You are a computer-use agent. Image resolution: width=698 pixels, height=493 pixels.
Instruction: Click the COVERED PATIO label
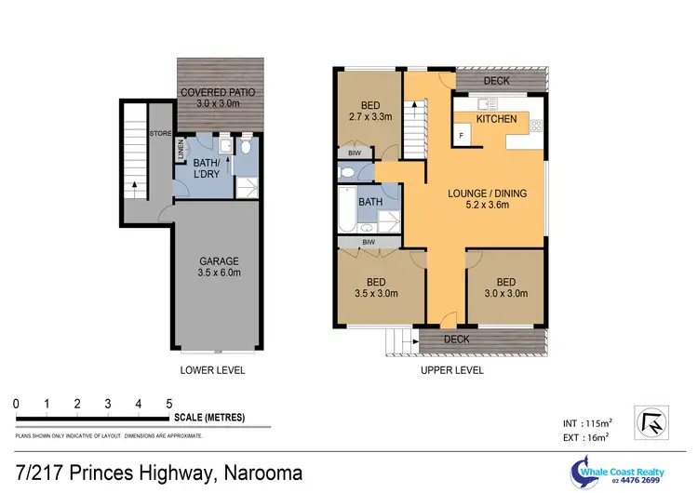[x=218, y=99]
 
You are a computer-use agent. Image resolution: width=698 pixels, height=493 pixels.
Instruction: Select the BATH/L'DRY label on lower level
[x=201, y=169]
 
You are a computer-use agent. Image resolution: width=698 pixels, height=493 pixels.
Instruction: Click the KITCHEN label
[x=496, y=120]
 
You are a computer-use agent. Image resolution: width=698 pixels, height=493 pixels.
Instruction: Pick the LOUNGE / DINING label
[x=487, y=199]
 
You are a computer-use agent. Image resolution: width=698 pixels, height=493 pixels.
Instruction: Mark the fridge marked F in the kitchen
[x=463, y=136]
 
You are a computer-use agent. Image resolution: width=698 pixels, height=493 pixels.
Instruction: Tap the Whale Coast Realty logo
[x=613, y=471]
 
